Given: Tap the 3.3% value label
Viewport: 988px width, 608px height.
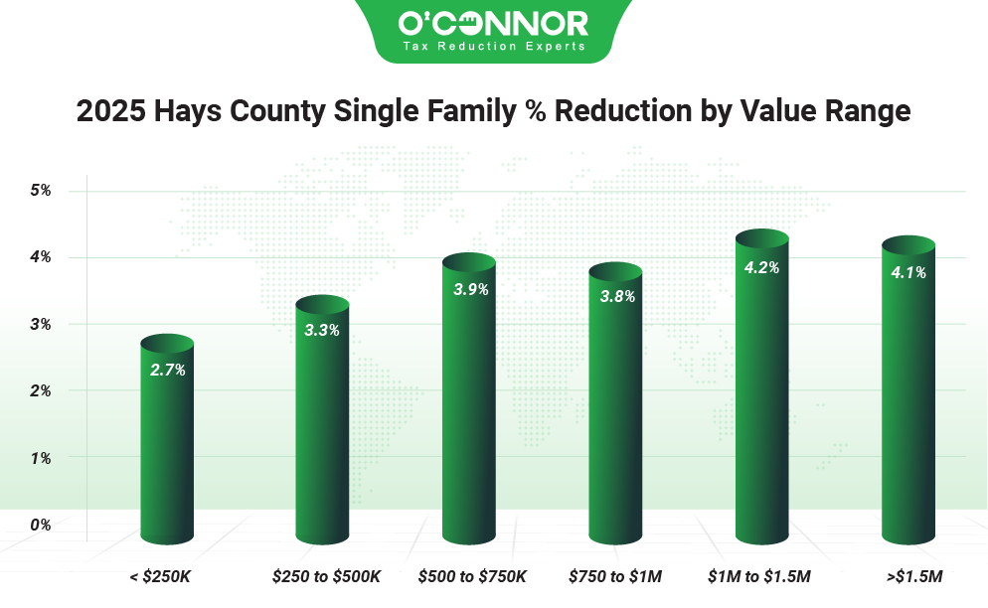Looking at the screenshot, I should pyautogui.click(x=322, y=330).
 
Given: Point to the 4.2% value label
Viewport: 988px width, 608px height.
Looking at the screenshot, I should pyautogui.click(x=762, y=267).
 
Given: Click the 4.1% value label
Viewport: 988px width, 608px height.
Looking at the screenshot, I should pyautogui.click(x=908, y=272).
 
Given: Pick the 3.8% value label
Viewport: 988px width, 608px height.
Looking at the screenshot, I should pyautogui.click(x=616, y=296).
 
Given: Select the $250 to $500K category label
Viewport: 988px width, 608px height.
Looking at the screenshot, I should pyautogui.click(x=326, y=575).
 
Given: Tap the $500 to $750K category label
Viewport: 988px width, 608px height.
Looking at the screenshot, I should pyautogui.click(x=472, y=575).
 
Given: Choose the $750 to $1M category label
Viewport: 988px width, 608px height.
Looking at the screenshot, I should pyautogui.click(x=615, y=575).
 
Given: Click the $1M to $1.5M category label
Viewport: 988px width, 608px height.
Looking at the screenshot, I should pyautogui.click(x=759, y=575).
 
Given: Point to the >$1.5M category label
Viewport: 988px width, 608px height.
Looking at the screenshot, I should pyautogui.click(x=910, y=575).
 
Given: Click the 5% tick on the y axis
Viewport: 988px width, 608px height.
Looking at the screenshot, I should pyautogui.click(x=40, y=190).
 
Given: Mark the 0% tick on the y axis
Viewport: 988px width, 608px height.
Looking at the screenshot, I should pyautogui.click(x=40, y=524).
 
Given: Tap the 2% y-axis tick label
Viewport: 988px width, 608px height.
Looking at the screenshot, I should pyautogui.click(x=40, y=390).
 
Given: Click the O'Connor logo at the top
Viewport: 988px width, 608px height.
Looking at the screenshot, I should pyautogui.click(x=493, y=30).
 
